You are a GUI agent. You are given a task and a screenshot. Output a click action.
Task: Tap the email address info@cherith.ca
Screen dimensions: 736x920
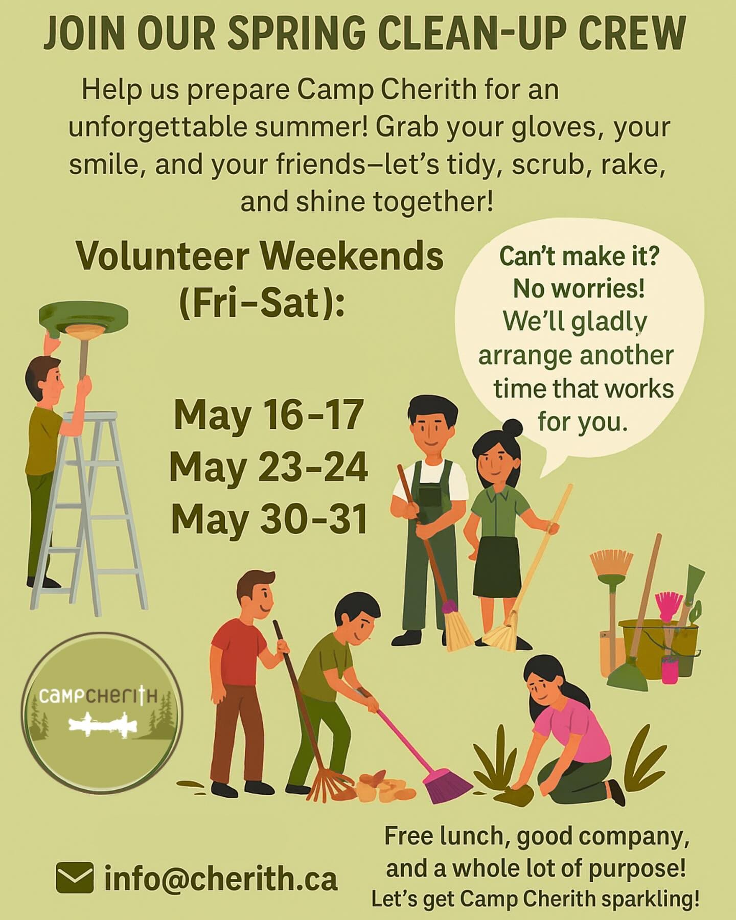(221, 879)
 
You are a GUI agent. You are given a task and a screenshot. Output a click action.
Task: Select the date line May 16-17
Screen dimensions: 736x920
(268, 415)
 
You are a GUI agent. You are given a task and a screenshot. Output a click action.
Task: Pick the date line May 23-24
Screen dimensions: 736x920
(269, 467)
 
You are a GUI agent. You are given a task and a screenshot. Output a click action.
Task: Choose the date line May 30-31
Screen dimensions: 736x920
(269, 519)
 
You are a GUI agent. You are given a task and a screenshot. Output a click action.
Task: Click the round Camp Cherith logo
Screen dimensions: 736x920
(102, 712)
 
